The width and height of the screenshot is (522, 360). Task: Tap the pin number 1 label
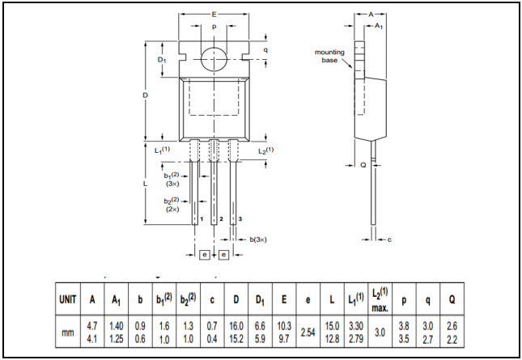point(200,219)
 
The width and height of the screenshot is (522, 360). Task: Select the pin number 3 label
point(240,219)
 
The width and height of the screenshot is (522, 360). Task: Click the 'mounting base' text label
point(329,56)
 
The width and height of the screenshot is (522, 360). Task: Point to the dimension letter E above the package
point(214,14)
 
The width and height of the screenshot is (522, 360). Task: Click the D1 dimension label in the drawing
point(161,60)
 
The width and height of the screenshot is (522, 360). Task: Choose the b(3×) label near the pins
point(258,239)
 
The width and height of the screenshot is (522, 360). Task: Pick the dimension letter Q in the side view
point(363,164)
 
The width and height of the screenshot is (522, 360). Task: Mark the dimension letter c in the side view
point(389,239)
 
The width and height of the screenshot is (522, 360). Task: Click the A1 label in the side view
point(379,26)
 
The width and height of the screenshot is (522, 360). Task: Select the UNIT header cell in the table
point(68,299)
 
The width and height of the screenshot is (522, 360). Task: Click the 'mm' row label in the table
point(68,332)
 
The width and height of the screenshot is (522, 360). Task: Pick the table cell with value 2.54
point(308,332)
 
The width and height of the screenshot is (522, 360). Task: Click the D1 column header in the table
point(260,299)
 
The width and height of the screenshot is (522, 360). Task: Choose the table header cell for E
point(284,299)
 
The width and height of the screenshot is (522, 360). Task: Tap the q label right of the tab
point(265,49)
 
